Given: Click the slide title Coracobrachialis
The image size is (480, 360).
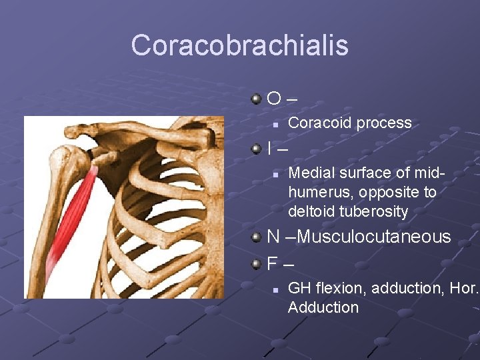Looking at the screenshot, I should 239,45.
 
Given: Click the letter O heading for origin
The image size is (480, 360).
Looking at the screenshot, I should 274,99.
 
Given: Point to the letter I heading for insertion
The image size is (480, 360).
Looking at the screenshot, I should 269,149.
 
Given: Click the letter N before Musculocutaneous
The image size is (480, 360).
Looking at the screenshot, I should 273,237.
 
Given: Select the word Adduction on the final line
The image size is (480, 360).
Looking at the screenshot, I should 323,307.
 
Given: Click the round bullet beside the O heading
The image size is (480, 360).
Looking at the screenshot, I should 257,99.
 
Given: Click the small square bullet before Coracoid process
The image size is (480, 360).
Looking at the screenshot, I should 274,123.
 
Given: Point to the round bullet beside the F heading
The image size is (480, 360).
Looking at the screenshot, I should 257,264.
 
